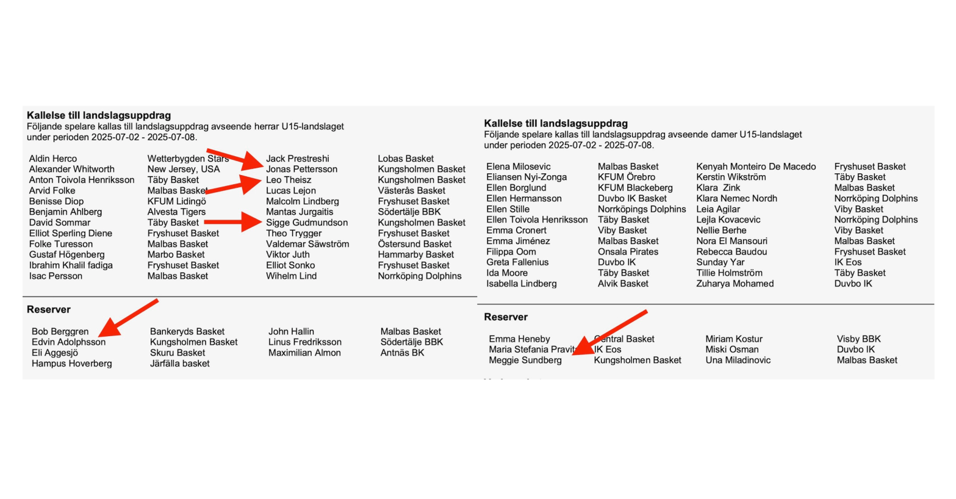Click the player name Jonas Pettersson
pos(301,169)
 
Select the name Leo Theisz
pos(289,180)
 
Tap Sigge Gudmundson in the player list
pos(307,223)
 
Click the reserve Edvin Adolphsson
pos(68,342)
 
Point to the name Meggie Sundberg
pos(525,361)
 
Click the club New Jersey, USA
pos(184,169)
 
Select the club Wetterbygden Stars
pos(188,159)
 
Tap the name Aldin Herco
pos(53,159)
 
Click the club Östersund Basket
pos(415,244)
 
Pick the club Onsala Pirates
pos(628,252)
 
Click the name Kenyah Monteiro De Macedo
pos(756,167)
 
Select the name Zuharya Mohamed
pos(735,284)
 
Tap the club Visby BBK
pos(859,339)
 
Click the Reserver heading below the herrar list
pos(49,309)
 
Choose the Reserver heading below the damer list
pos(506,317)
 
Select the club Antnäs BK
pos(403,353)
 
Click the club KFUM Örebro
pos(627,177)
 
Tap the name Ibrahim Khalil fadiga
pos(71,265)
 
